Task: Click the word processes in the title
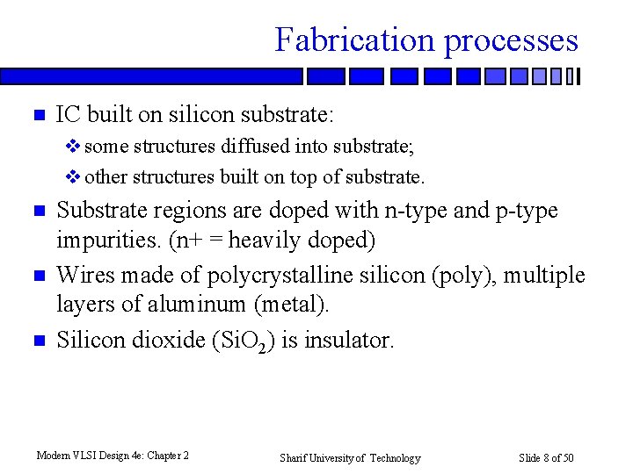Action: (511, 40)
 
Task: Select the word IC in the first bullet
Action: (68, 114)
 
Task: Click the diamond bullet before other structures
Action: (74, 177)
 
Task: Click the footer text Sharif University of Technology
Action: (350, 458)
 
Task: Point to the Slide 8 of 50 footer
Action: (546, 458)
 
